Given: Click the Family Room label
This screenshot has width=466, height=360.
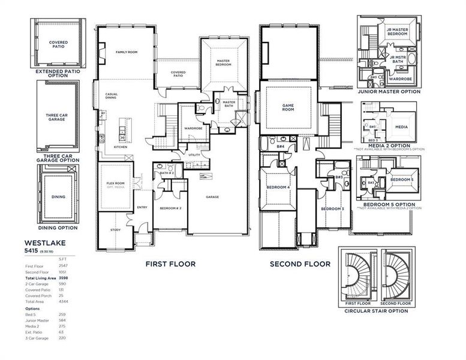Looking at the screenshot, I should [x=127, y=53].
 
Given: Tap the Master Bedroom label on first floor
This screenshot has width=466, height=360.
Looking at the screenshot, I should [x=224, y=63].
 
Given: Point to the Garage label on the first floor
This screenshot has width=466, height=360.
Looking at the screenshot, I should [x=212, y=197].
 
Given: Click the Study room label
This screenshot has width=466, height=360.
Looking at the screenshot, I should [x=116, y=230].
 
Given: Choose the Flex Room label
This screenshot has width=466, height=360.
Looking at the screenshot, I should [x=115, y=184].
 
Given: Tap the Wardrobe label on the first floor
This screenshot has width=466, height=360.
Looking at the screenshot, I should [x=193, y=128].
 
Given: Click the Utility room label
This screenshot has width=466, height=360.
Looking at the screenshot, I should [x=194, y=155].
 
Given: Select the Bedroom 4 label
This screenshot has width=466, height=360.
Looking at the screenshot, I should [x=278, y=187].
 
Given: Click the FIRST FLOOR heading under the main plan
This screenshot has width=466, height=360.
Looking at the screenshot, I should [x=172, y=263].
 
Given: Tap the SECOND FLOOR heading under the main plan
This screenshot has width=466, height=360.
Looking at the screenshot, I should [x=300, y=263].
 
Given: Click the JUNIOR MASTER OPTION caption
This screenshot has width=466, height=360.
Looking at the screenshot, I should [x=389, y=92].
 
